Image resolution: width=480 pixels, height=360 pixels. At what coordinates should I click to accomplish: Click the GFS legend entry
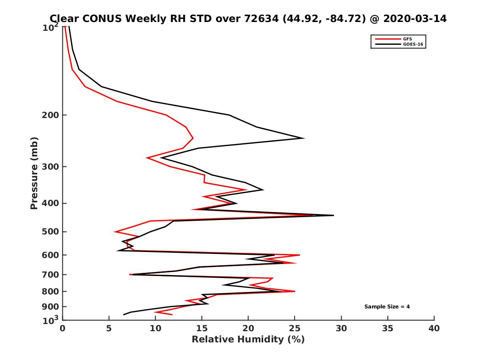point(407,39)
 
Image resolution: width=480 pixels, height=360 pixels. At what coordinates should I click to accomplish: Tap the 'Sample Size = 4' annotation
point(387,307)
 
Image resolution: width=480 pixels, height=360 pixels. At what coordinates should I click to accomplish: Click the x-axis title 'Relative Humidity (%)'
point(248,340)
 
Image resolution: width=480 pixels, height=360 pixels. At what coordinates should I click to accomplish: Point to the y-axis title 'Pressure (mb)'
point(34,173)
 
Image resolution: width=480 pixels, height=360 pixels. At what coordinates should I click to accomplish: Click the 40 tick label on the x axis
point(434,328)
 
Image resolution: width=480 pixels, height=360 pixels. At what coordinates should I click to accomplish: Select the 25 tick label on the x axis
point(295,328)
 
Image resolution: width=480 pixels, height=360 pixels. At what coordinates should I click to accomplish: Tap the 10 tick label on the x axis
point(155,328)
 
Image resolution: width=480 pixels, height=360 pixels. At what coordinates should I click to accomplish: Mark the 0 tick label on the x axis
point(63,328)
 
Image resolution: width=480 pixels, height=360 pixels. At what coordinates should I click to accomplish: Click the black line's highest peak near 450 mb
point(333,215)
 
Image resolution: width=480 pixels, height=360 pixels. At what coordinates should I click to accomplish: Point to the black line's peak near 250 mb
point(304,138)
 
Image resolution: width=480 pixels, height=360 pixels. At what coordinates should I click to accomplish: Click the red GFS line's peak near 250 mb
point(193,138)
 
